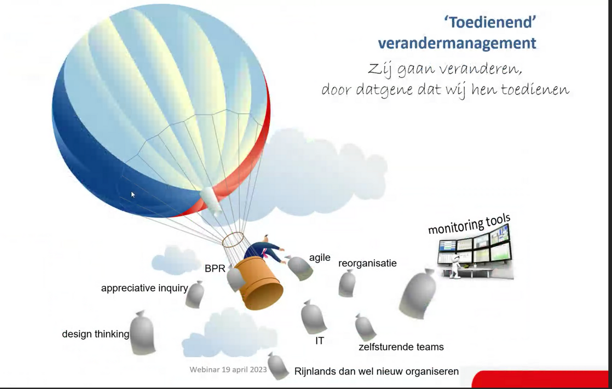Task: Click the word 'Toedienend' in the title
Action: [490, 22]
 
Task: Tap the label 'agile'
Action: [319, 258]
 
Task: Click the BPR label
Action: [215, 269]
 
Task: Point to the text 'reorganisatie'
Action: [367, 263]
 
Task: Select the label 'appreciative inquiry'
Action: [144, 288]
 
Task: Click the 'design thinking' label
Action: [95, 334]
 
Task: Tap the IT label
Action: [319, 341]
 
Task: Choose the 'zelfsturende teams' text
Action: [401, 347]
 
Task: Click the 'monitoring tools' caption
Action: [469, 224]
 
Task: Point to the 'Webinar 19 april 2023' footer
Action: [228, 369]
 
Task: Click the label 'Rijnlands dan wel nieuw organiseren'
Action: [376, 371]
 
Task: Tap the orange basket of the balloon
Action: [259, 283]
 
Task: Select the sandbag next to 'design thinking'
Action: [142, 333]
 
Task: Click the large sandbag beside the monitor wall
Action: [417, 293]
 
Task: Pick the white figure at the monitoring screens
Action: [455, 267]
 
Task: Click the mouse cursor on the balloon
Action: [133, 195]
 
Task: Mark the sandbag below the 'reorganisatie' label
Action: [347, 283]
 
